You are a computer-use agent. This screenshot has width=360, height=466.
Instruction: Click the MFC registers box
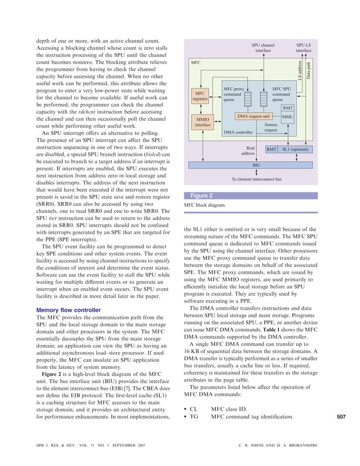(200, 95)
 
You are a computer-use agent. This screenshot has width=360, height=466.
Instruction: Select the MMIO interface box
(202, 122)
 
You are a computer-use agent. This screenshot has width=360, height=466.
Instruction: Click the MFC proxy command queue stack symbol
(249, 99)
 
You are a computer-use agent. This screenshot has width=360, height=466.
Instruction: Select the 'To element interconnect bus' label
(257, 179)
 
